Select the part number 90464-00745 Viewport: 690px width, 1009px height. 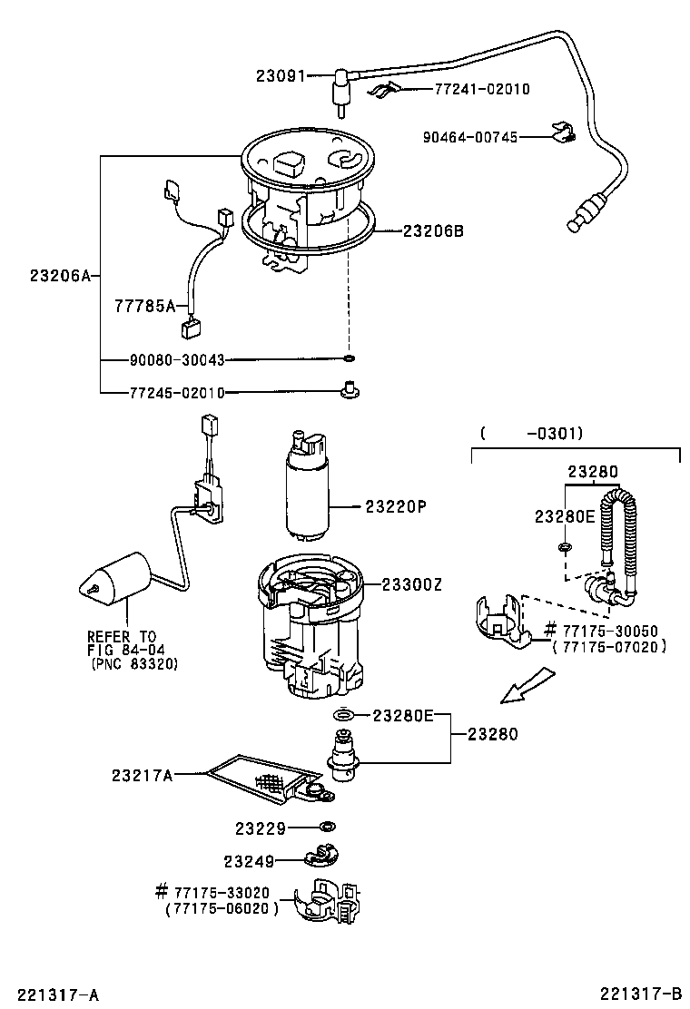click(469, 137)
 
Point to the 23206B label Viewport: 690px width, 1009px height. click(433, 231)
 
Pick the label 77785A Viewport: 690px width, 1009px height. click(144, 306)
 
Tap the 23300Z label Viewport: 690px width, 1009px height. click(411, 585)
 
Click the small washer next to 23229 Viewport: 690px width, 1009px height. click(325, 827)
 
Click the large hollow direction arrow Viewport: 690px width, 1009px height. click(527, 685)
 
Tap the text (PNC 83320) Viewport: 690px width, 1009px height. click(133, 663)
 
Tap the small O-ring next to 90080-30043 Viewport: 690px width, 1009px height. click(349, 360)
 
